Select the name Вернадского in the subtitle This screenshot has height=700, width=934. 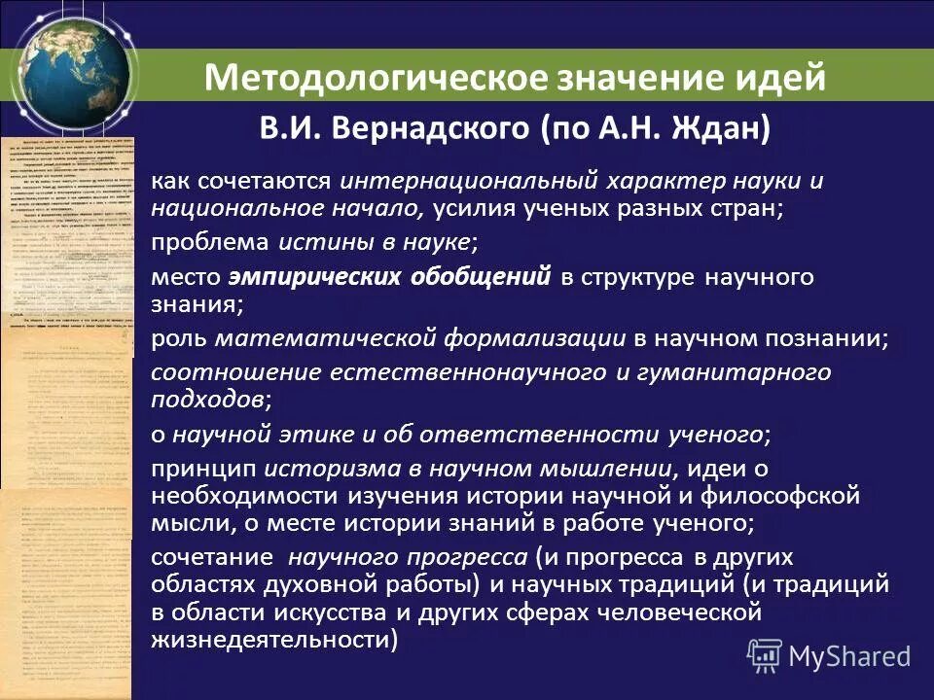coord(432,129)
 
